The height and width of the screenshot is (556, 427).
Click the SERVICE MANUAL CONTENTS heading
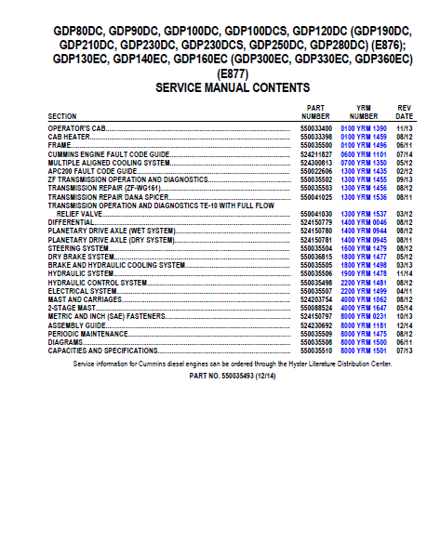click(x=233, y=86)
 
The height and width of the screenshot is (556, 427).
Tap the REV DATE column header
click(x=404, y=112)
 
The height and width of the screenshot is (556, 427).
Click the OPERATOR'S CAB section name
click(x=83, y=127)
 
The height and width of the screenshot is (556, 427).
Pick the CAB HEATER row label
click(x=71, y=136)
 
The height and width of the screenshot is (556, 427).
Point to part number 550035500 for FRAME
click(x=316, y=145)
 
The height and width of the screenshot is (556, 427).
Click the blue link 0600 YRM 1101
click(x=362, y=153)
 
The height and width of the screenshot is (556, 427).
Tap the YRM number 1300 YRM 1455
click(x=362, y=179)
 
